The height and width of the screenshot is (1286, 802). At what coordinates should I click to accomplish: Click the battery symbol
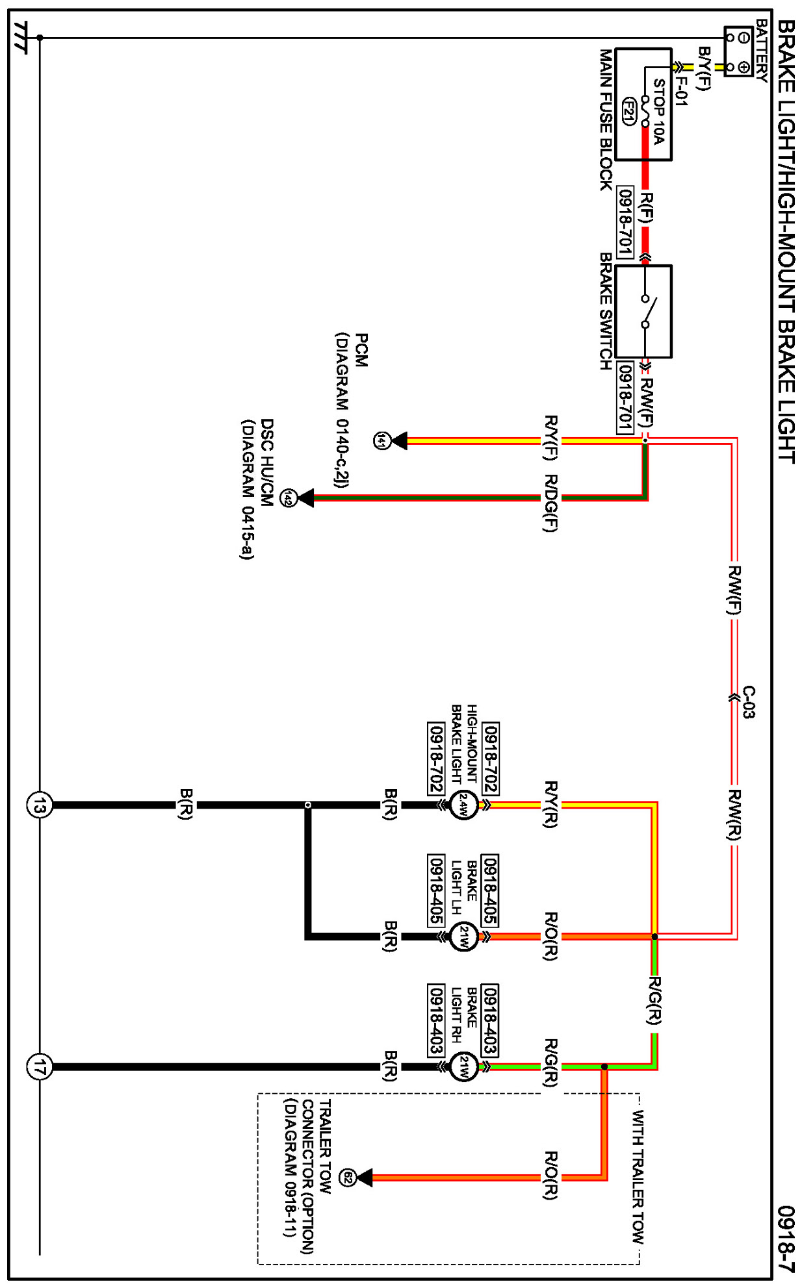pyautogui.click(x=738, y=52)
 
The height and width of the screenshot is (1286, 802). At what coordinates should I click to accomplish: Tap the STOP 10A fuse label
pyautogui.click(x=658, y=111)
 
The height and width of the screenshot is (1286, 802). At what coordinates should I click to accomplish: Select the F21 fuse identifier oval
pyautogui.click(x=628, y=112)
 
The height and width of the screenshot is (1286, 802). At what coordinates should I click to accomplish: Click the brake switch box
pyautogui.click(x=643, y=311)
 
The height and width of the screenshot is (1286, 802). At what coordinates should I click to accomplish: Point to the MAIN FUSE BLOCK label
pyautogui.click(x=606, y=120)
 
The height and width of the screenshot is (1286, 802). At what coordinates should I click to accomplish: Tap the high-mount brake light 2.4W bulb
pyautogui.click(x=463, y=805)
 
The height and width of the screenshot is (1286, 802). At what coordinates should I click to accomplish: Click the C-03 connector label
pyautogui.click(x=749, y=702)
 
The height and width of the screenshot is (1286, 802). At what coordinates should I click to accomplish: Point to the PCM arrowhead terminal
pyautogui.click(x=398, y=441)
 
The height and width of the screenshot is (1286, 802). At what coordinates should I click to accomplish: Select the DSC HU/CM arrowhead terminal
pyautogui.click(x=305, y=498)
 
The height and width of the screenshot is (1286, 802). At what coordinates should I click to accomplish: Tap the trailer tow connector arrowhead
pyautogui.click(x=364, y=1178)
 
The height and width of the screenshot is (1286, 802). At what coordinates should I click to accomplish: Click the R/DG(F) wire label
pyautogui.click(x=550, y=503)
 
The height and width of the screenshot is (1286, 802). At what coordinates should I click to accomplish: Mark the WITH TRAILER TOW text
pyautogui.click(x=638, y=1176)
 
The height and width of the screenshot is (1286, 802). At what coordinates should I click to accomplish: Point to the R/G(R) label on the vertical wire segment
pyautogui.click(x=654, y=1000)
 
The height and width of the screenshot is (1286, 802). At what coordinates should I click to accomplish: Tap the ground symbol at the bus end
pyautogui.click(x=21, y=38)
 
